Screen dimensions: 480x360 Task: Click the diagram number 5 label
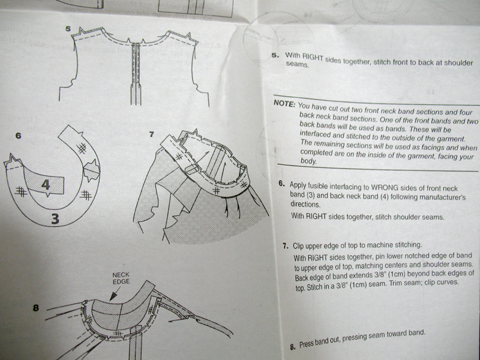[x=68, y=29]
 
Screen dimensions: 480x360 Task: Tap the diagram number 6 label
[x=19, y=136]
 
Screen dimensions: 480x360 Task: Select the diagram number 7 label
[x=151, y=134]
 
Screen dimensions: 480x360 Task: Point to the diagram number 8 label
[x=36, y=308]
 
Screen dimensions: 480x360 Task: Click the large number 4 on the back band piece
[x=46, y=185]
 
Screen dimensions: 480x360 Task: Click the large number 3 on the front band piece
[x=55, y=219]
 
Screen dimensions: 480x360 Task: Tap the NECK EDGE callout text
[x=121, y=278]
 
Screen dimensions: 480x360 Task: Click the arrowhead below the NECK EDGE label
[x=113, y=296]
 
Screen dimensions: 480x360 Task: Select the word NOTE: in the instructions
[x=284, y=103]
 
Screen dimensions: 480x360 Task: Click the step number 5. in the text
[x=275, y=55]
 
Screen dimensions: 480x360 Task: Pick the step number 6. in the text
[x=281, y=184]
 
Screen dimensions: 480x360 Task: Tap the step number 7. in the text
[x=286, y=246]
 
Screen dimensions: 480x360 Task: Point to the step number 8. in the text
[x=293, y=347]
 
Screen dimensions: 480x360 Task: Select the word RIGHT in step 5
[x=313, y=57]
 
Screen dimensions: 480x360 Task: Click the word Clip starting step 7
[x=298, y=246]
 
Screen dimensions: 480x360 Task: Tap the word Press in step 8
[x=307, y=344]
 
